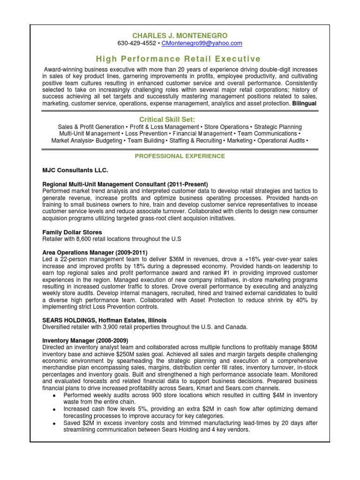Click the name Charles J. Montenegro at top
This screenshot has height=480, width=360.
coord(180,35)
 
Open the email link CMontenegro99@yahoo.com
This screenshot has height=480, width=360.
coord(202,43)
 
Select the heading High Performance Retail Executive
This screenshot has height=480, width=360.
coord(178,59)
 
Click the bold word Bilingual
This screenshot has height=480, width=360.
coord(305,103)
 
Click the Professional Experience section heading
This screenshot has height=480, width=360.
coord(180,156)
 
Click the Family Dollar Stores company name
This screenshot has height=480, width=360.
coord(72,232)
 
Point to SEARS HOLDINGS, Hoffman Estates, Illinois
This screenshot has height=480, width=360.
coord(105,320)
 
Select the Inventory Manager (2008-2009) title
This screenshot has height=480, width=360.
coord(85,340)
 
